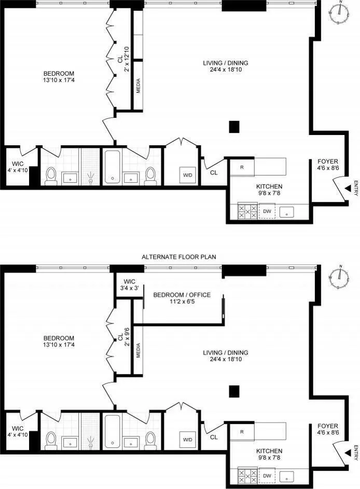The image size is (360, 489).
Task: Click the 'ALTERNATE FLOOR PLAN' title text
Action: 179,256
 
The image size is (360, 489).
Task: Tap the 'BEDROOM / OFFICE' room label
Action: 182,298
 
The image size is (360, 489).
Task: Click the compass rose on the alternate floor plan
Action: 340,277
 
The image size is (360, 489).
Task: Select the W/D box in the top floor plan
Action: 187,175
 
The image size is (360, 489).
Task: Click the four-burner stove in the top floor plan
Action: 247,211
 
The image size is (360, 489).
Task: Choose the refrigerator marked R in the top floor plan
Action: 242,167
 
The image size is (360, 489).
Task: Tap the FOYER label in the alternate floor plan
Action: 328,429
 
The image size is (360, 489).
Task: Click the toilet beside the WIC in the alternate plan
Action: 51,440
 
